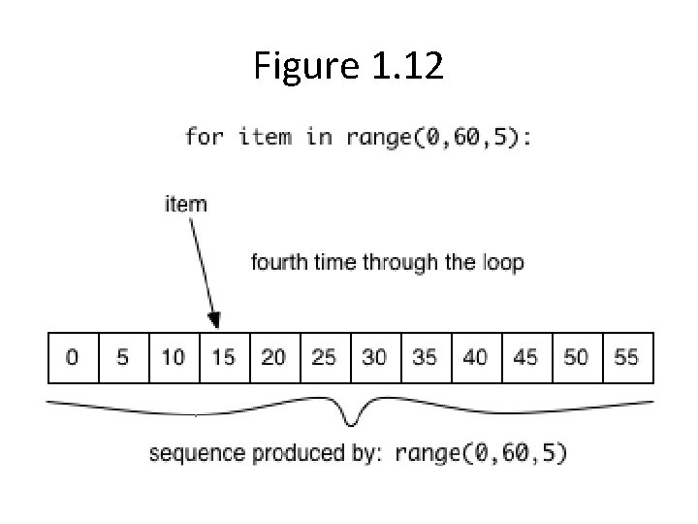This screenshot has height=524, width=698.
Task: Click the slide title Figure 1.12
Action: click(348, 66)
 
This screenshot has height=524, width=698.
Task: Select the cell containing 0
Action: click(73, 357)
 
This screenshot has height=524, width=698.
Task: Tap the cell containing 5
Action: click(123, 357)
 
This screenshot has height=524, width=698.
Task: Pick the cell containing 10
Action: click(174, 357)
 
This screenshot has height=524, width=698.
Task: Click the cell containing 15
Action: click(224, 357)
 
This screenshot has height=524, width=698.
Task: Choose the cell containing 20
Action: click(274, 357)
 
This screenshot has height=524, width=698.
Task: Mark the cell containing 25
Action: click(325, 357)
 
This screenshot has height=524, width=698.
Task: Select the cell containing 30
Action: click(375, 357)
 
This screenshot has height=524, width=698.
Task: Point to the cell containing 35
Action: click(426, 357)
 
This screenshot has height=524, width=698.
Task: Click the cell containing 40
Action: click(476, 357)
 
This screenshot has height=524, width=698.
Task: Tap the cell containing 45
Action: click(526, 357)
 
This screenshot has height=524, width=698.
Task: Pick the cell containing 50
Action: click(577, 357)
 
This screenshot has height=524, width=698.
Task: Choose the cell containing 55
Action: click(627, 357)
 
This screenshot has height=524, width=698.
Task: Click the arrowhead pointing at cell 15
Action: click(214, 321)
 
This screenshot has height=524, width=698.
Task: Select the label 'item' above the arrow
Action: click(186, 204)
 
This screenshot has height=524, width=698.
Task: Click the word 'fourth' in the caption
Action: click(278, 263)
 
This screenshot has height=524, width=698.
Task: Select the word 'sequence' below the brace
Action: click(190, 453)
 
